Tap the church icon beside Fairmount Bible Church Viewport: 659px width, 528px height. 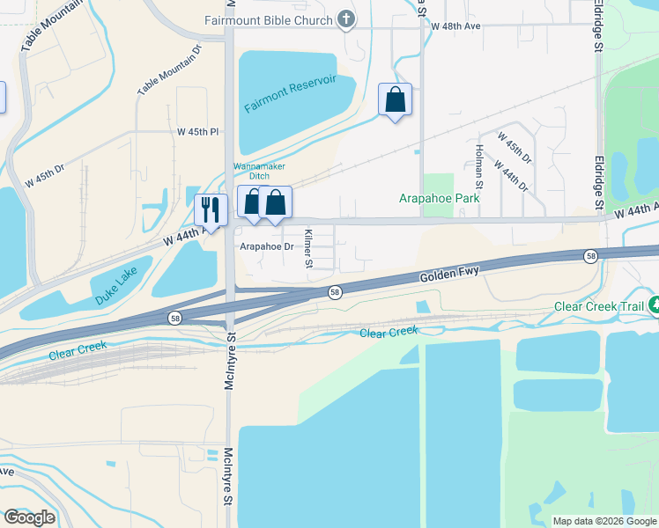[347, 19]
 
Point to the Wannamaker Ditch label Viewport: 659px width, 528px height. [261, 171]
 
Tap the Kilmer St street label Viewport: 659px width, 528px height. [308, 248]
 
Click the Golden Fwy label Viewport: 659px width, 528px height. [449, 274]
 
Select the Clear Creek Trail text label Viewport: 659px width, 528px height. [598, 307]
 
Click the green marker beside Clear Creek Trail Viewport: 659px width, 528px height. [654, 305]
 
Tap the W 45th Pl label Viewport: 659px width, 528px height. [196, 132]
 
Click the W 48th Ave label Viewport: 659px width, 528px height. [455, 26]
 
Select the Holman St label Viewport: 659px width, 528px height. [478, 166]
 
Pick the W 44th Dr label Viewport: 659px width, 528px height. [511, 176]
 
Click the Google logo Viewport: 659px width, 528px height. [29, 517]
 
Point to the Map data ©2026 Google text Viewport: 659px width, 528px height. [604, 521]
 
